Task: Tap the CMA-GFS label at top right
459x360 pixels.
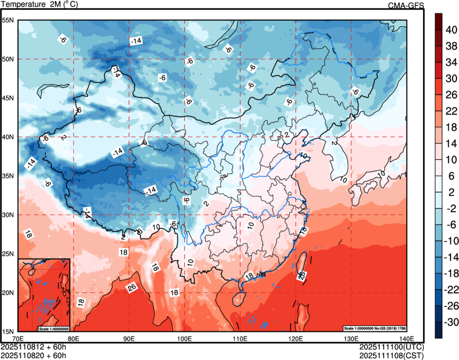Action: (406, 5)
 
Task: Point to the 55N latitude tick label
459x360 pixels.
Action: (8, 20)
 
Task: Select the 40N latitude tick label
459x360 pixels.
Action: (8, 137)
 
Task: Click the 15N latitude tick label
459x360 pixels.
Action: (8, 332)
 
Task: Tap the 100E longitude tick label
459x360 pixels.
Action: (184, 339)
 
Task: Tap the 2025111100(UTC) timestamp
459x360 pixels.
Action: (392, 347)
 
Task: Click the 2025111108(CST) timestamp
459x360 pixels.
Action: (392, 355)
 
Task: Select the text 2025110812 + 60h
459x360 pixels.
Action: (34, 347)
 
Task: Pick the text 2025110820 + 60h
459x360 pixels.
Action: (34, 355)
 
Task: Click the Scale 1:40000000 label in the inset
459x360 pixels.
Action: (53, 328)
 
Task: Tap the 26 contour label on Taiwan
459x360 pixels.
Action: (301, 275)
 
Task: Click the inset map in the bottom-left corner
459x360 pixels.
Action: (44, 294)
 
